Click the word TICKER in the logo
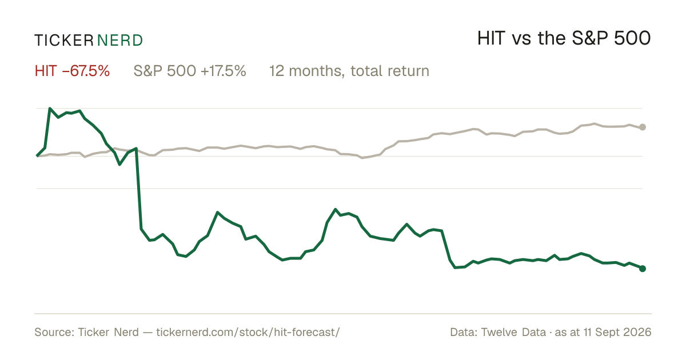tap(64, 41)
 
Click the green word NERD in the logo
tap(120, 41)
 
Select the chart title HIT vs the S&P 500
tap(564, 38)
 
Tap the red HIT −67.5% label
tap(72, 71)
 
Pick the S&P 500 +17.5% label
tap(190, 71)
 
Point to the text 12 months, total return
tap(349, 71)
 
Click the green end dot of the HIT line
tap(643, 269)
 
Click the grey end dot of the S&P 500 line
tap(643, 127)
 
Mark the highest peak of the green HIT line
tap(50, 109)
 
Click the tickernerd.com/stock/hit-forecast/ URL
tap(248, 332)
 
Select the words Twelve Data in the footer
tap(513, 332)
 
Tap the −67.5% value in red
tap(86, 71)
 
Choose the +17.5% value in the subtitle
tap(224, 71)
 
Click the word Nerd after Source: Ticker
tap(126, 332)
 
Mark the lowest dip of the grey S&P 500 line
tap(362, 158)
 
